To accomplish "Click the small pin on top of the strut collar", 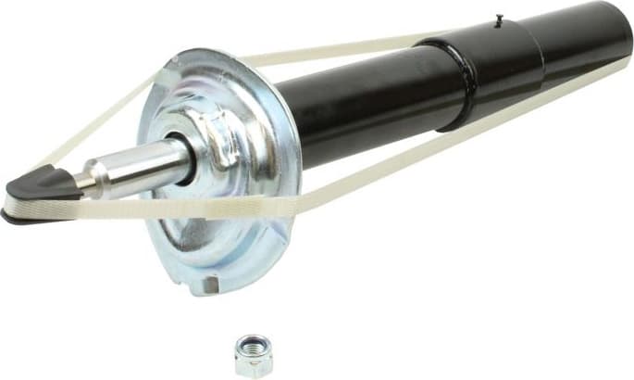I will (x=498, y=18).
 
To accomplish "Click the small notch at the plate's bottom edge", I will (x=210, y=280).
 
